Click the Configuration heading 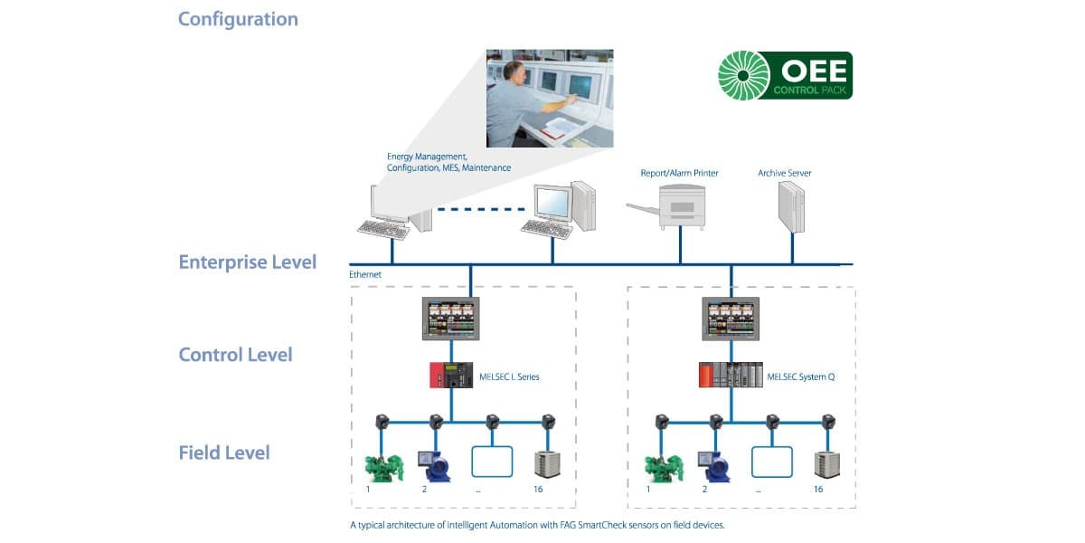pos(238,19)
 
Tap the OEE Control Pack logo pos(784,75)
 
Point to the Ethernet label pos(365,273)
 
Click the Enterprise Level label pos(248,262)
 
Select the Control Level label pos(235,355)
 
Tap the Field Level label pos(224,452)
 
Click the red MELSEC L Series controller pos(451,375)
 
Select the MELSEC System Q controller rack pos(731,375)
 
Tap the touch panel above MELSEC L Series pos(451,319)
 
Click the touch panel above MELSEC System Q pos(731,319)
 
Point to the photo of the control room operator pos(550,98)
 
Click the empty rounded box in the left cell pos(492,462)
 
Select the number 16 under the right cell pos(818,490)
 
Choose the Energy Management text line pos(427,157)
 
